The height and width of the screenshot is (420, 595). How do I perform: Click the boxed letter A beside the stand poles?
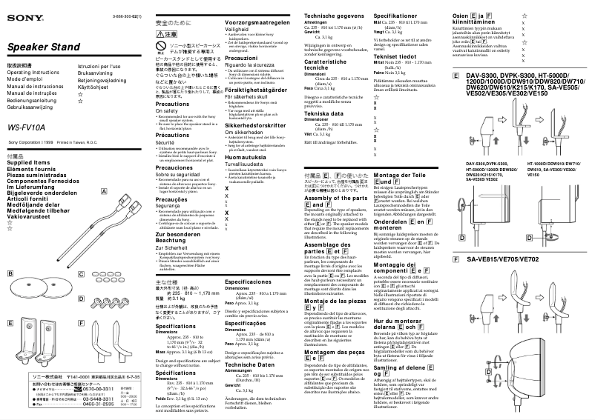point(105,191)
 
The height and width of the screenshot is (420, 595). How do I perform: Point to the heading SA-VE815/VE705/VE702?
point(503,261)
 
